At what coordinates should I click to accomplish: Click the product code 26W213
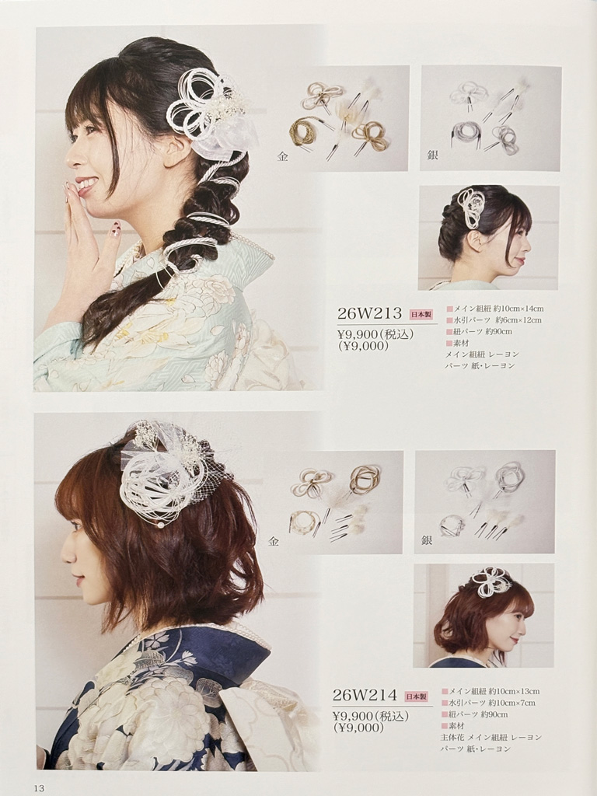point(370,314)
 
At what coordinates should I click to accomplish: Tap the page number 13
point(40,787)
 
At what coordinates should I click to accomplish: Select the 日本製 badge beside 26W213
point(421,315)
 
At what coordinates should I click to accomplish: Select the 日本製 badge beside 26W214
point(417,696)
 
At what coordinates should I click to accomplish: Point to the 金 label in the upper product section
point(282,157)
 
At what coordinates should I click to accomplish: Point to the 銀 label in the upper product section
point(432,155)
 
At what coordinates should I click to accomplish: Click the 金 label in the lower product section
point(274,541)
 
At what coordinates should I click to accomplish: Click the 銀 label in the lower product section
point(427,540)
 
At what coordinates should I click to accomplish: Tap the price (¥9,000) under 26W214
point(358,728)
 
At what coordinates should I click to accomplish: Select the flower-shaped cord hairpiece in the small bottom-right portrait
point(489,581)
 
